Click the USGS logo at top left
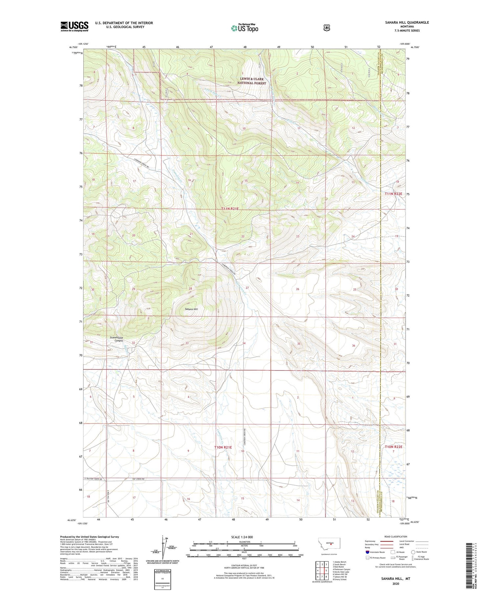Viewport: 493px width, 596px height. tap(74, 26)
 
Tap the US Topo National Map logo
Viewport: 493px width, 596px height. tap(245, 28)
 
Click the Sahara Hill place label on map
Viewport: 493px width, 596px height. tap(191, 309)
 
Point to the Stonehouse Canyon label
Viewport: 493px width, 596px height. tap(116, 339)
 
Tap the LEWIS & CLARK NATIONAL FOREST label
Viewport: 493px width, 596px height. tap(252, 81)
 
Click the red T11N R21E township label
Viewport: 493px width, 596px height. tap(234, 208)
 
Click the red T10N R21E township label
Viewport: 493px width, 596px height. tap(223, 447)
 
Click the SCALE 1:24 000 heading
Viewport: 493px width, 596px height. tap(244, 537)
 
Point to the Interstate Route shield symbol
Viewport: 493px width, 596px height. tap(367, 552)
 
